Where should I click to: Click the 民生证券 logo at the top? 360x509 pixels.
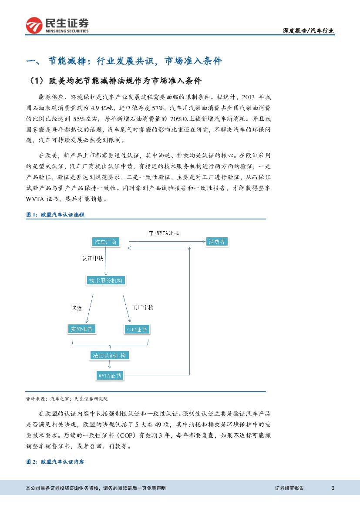point(57,26)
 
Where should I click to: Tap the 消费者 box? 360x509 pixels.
point(216,242)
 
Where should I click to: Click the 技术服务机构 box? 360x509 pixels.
point(106,280)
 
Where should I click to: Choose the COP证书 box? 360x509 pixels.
point(137,329)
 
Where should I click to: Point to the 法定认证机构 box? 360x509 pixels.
point(109,355)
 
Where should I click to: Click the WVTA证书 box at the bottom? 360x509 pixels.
point(109,375)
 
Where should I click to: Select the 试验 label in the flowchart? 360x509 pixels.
point(76,308)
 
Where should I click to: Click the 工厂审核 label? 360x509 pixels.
point(143,308)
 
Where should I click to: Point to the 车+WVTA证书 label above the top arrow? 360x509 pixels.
point(161,233)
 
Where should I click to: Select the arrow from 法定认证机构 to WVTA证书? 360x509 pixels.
point(109,365)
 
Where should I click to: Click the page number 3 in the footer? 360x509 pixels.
point(333,488)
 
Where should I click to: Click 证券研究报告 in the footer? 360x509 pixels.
point(289,488)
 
